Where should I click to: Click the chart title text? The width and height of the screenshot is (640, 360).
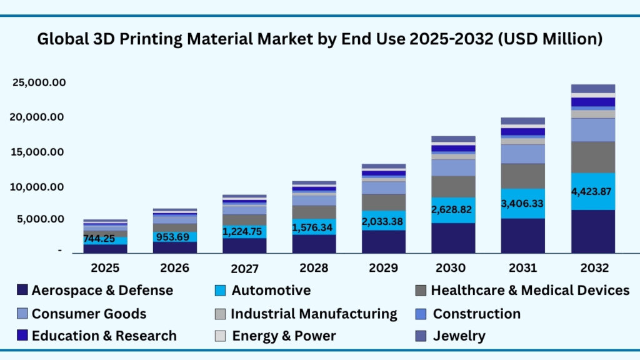coord(320,39)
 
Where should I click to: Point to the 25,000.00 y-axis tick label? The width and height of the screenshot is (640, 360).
coord(39,83)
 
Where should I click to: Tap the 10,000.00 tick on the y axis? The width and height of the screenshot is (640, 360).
coord(39,187)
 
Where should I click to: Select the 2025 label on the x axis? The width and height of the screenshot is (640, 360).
coord(105,268)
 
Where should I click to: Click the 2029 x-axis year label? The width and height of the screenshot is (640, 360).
coord(383,268)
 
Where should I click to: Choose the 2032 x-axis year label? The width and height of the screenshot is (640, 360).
coord(593,268)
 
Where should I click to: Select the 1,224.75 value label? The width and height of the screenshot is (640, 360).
coord(244,231)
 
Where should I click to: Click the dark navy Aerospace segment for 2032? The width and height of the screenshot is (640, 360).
coord(593,231)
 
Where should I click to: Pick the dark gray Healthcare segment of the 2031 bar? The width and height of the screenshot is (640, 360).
coord(522,176)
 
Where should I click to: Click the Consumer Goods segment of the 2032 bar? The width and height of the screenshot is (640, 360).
coord(593,129)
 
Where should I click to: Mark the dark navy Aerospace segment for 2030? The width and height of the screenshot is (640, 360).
coord(453,238)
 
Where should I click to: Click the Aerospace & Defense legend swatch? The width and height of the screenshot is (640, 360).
coord(22,291)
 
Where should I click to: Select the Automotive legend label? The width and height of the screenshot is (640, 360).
coord(271,291)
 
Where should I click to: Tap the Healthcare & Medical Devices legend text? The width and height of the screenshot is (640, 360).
coord(530,291)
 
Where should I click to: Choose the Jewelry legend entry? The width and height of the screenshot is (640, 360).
coord(459,336)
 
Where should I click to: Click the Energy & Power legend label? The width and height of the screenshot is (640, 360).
coord(284,336)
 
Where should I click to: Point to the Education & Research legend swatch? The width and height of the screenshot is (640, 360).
coord(22,336)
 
